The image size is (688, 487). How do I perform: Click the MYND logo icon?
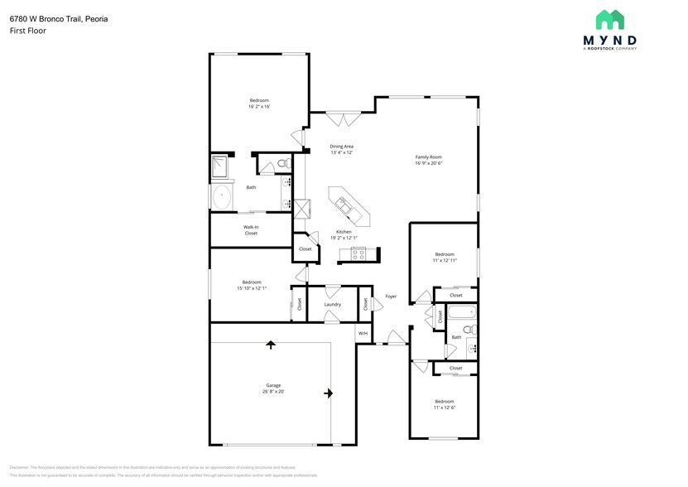[x=611, y=20]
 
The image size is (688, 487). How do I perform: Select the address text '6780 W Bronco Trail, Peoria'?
[x=59, y=18]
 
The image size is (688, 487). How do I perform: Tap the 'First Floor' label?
[x=28, y=31]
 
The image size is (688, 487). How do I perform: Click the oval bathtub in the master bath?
[x=223, y=198]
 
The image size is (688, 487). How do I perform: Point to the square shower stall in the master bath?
[x=221, y=166]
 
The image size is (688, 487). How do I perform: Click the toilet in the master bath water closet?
[x=281, y=163]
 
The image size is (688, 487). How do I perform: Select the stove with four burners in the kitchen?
[x=359, y=255]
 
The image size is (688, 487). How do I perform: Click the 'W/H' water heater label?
[x=362, y=333]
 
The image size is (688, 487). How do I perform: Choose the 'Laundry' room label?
[x=332, y=304]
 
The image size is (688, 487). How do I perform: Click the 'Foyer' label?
[x=391, y=297]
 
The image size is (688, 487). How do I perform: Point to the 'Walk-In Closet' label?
[x=251, y=229]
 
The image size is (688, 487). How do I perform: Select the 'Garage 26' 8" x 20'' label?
[x=273, y=388]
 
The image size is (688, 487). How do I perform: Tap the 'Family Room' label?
[x=428, y=160]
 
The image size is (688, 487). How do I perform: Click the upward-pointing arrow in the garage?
[x=270, y=344]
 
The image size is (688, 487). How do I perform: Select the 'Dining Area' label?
[x=342, y=149]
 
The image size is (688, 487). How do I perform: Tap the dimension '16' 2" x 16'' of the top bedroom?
[x=259, y=107]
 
